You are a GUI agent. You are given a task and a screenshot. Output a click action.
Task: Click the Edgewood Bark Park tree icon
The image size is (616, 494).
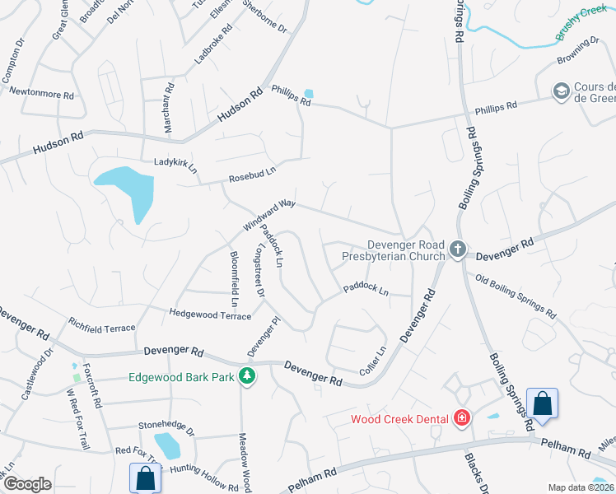245,376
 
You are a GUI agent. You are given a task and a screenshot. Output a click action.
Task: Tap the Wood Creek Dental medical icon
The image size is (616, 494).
462,419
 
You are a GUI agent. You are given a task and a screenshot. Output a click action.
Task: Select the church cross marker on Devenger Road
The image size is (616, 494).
458,248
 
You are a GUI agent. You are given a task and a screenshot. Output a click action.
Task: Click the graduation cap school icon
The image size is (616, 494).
561,91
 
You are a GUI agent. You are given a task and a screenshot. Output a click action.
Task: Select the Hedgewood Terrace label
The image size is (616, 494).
210,314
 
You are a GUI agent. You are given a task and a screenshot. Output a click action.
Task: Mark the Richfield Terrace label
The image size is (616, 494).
102,328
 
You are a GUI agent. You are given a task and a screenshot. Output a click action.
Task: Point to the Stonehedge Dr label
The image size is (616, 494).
166,430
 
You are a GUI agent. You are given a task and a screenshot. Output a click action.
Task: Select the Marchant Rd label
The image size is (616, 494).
170,107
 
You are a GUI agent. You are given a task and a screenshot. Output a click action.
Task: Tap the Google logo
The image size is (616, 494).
27,484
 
